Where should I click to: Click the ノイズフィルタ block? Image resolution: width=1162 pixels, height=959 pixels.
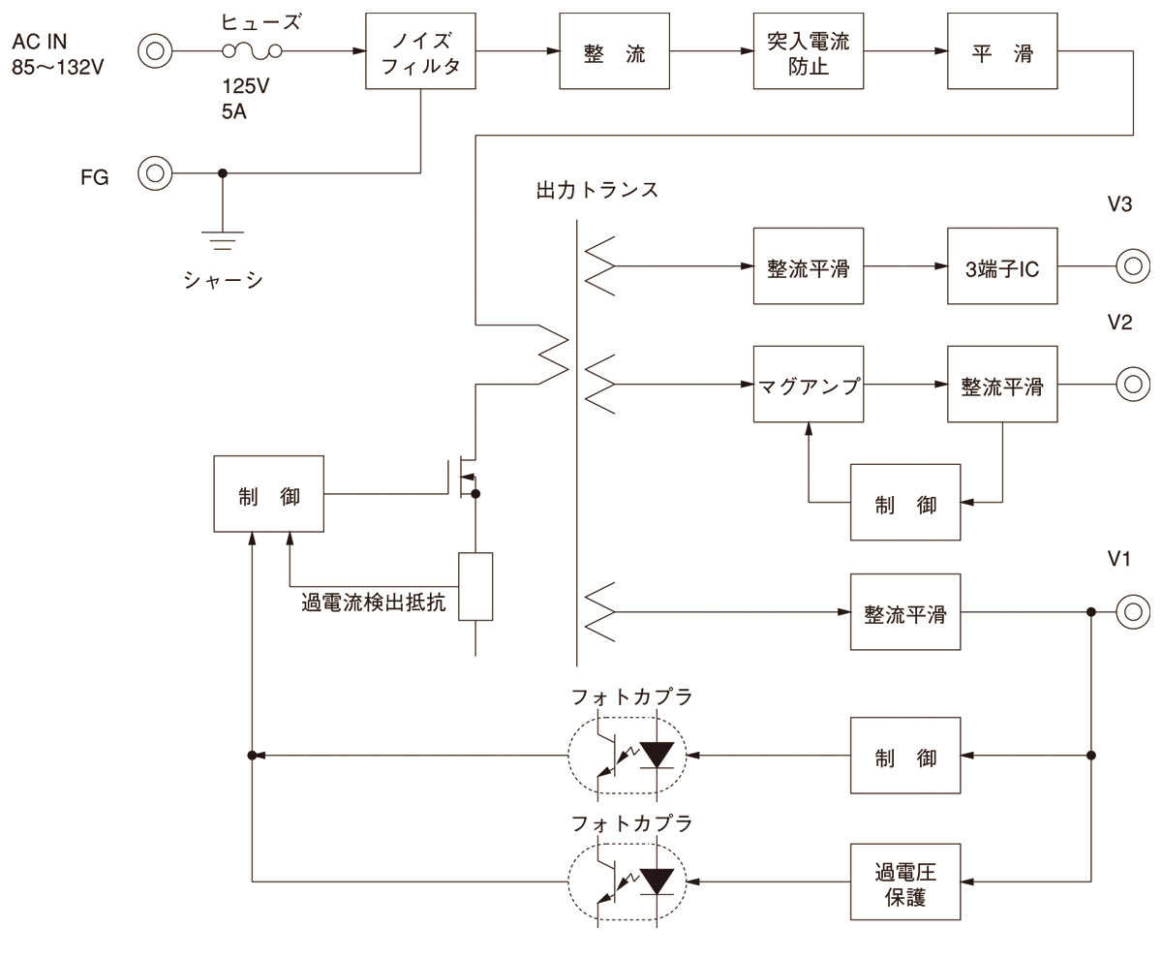point(421,51)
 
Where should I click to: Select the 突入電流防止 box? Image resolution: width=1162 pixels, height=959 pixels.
point(809,51)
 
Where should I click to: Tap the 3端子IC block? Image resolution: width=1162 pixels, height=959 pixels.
point(1002,267)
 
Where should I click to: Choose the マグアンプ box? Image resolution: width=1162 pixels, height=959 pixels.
point(809,385)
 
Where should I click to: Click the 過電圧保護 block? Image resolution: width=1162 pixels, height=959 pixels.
point(905,882)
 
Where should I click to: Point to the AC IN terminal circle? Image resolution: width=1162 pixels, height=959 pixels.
point(154,51)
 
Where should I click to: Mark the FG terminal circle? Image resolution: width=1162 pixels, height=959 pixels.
point(154,174)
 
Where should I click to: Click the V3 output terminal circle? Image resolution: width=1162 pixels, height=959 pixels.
point(1132,267)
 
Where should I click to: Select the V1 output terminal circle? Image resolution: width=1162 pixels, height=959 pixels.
point(1132,612)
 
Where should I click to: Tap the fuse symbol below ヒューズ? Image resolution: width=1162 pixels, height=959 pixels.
point(252,51)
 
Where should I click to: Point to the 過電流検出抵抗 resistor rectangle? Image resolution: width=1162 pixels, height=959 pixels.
point(475,586)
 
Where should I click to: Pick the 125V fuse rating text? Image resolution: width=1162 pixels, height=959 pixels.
point(246,86)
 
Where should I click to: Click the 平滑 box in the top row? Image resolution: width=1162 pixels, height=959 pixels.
point(1002,51)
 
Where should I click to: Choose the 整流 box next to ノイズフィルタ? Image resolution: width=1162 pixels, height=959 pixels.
point(615,51)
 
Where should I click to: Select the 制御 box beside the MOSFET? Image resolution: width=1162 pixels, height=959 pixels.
point(269,493)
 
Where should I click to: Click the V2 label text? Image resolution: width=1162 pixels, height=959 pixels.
point(1119,323)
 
